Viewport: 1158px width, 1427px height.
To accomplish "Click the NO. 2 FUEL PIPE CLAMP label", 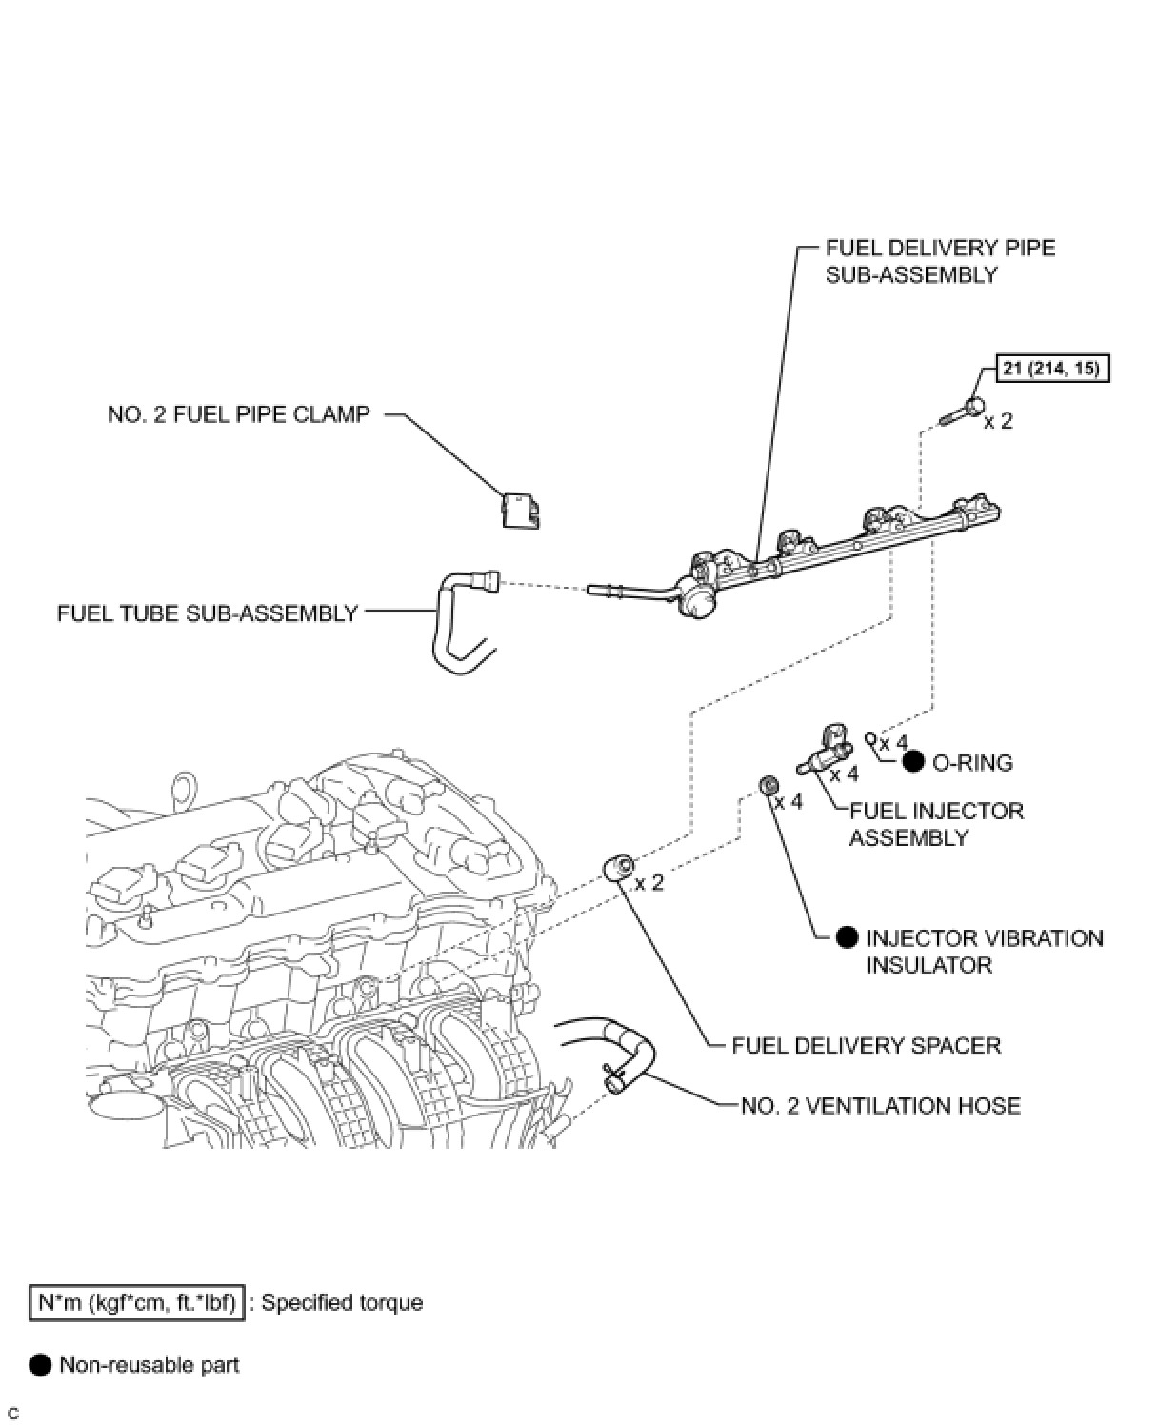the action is [238, 414].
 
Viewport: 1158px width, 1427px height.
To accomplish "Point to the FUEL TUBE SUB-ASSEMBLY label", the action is [208, 613].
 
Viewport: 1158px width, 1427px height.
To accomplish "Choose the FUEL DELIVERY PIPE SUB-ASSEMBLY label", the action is [940, 261].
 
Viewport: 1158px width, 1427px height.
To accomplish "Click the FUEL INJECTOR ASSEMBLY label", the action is [936, 824].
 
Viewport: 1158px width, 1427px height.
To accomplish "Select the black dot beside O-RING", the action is [913, 761].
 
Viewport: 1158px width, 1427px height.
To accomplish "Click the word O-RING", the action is [972, 762].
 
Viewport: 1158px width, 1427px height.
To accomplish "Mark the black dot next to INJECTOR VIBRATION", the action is [848, 937].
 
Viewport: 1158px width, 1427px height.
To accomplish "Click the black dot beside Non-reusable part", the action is [40, 1365].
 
